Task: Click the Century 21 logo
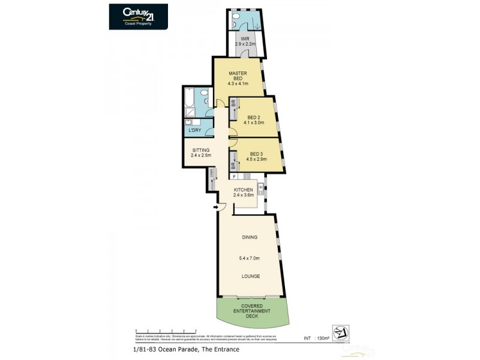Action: (138, 16)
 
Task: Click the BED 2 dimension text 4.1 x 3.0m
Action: (254, 122)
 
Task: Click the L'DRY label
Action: (194, 130)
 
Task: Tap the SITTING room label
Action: (200, 150)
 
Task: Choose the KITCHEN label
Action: (244, 190)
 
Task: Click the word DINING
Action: (250, 237)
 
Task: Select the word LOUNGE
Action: (250, 276)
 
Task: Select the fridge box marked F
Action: (233, 176)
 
